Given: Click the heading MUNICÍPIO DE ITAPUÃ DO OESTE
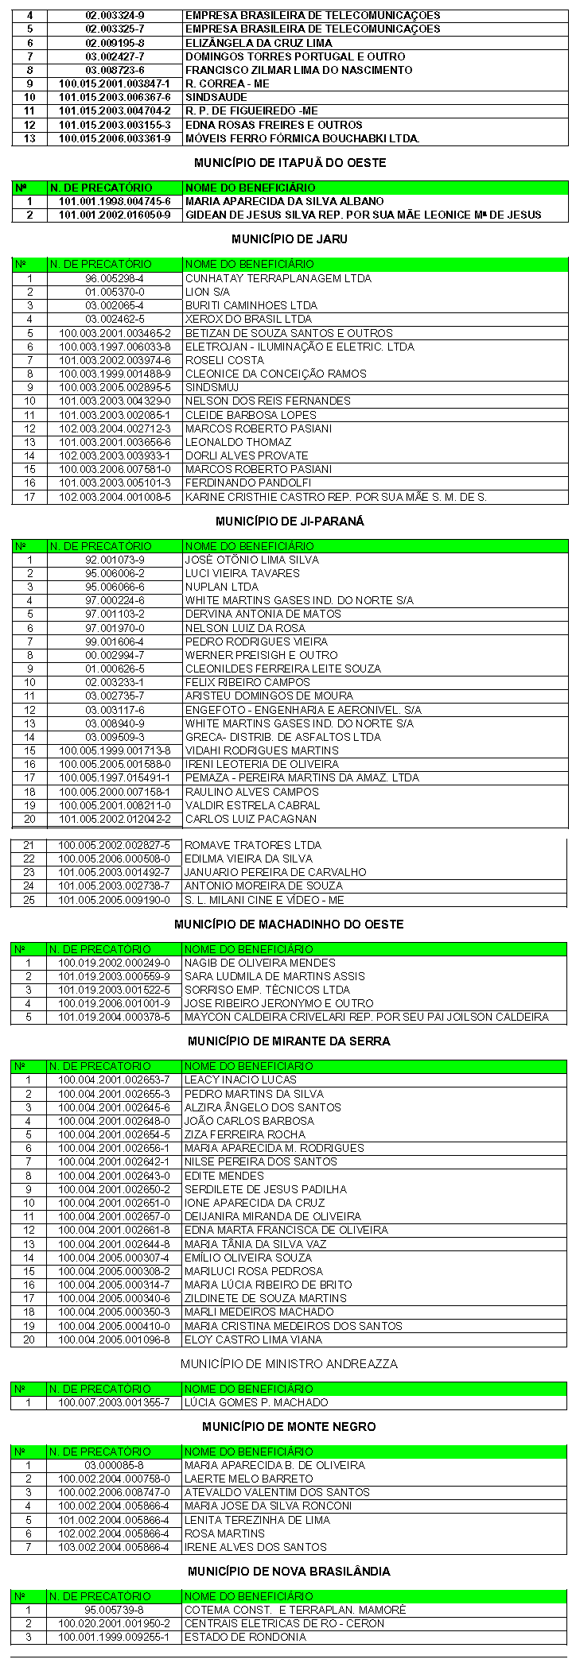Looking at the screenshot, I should tap(290, 163).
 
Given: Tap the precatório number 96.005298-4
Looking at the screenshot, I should tap(114, 278).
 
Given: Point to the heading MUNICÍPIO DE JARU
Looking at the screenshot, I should tap(290, 238).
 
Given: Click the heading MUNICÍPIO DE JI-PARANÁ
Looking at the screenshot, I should tap(290, 521).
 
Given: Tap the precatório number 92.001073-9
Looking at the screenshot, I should tap(114, 560).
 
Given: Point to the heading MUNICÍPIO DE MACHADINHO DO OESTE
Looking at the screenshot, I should tap(290, 925).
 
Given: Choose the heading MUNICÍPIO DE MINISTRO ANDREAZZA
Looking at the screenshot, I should tap(289, 1364).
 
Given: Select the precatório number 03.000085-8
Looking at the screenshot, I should tap(114, 1465).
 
